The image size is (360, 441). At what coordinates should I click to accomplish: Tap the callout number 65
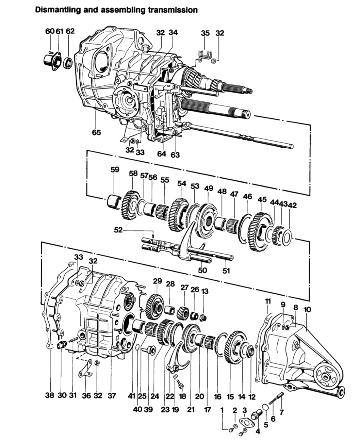[x=97, y=132]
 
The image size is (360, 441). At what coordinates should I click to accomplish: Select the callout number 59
[x=115, y=169]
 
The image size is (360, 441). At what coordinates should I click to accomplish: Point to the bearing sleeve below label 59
[x=114, y=201]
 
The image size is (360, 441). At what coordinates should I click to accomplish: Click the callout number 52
[x=118, y=230]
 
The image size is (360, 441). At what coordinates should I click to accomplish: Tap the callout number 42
[x=292, y=205]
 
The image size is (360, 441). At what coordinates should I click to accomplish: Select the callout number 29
[x=157, y=281]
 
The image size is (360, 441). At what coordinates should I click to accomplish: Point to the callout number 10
[x=307, y=310]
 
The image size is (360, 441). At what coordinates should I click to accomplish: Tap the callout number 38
[x=49, y=396]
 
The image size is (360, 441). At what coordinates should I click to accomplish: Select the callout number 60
[x=50, y=31]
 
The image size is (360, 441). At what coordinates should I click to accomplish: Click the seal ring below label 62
[x=68, y=63]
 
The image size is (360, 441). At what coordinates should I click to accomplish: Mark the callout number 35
[x=205, y=33]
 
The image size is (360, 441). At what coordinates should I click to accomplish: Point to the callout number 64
[x=162, y=154]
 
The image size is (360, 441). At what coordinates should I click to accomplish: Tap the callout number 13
[x=205, y=291]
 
